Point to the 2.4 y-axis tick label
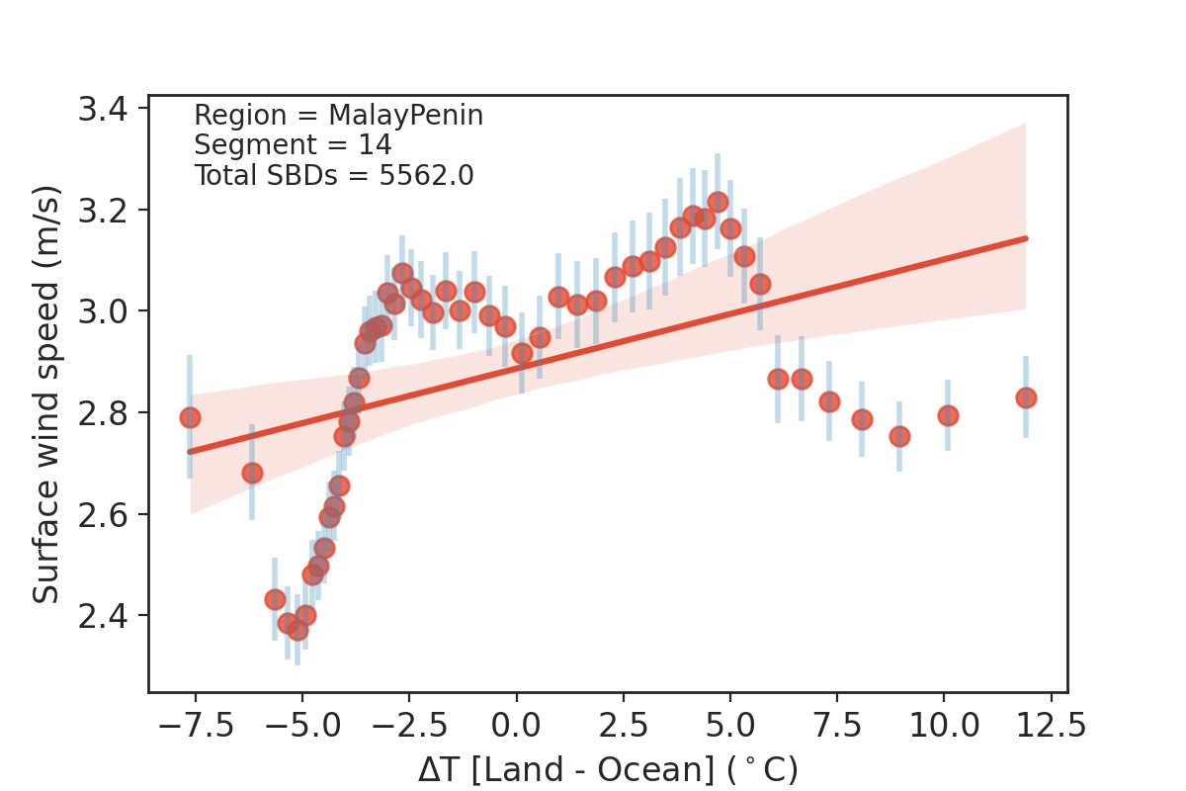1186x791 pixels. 110,616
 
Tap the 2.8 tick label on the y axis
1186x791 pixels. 110,412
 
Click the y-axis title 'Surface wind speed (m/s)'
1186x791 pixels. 46,394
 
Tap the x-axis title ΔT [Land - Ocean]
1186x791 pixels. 607,769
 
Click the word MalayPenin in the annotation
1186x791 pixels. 405,116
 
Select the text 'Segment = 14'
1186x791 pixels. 293,145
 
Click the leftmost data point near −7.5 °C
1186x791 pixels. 190,417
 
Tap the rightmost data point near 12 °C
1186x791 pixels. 1026,397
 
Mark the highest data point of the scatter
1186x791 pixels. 718,203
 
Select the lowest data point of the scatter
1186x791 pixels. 297,630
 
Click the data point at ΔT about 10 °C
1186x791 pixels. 948,415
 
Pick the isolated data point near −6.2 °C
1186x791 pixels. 252,473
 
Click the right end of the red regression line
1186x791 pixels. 1027,238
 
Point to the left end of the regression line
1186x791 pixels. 190,451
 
